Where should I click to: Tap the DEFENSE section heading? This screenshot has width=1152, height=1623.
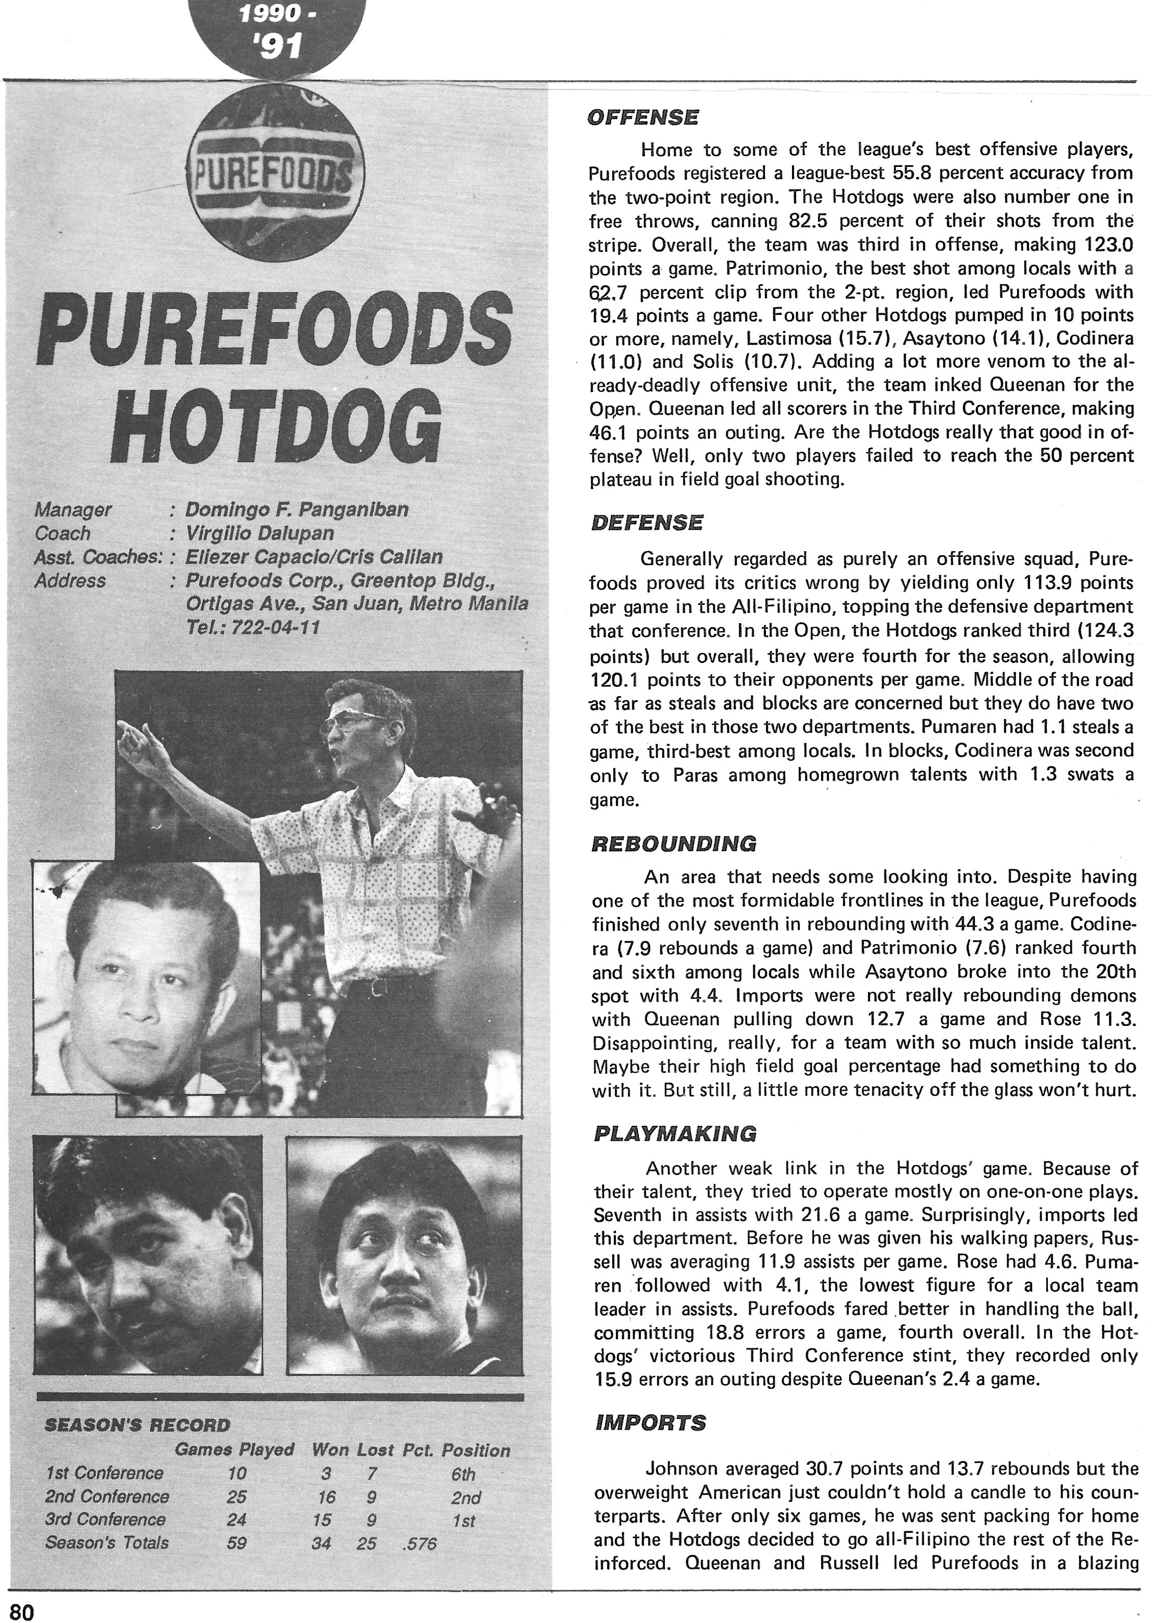click(646, 523)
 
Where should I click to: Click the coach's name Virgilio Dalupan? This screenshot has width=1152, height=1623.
click(259, 533)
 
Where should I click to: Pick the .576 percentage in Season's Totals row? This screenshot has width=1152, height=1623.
click(419, 1544)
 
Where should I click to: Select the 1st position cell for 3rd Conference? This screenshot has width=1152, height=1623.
click(463, 1521)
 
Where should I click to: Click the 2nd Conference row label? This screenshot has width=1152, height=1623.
click(107, 1497)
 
